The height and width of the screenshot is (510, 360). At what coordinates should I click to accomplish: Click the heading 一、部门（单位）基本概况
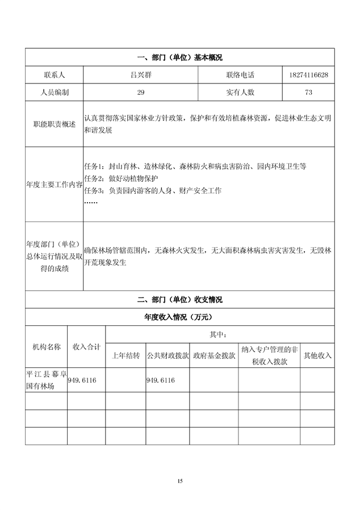point(179,58)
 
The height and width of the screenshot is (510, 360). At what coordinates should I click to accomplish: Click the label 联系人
point(54,75)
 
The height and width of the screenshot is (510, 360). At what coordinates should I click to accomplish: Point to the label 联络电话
point(240,75)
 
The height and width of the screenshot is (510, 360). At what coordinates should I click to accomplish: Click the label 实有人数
point(240,91)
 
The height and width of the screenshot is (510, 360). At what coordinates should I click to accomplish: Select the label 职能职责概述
point(54,124)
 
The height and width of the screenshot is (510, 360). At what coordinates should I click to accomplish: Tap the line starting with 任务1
point(195,166)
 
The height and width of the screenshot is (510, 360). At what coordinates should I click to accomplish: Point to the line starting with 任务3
point(152,190)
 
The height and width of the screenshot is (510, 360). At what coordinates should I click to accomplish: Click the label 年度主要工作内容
point(54,185)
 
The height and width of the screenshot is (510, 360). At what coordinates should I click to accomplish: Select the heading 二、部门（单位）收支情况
point(179,300)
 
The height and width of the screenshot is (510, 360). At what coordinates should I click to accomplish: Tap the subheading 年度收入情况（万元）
point(179,317)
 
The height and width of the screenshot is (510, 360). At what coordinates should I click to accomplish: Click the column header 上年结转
point(125,356)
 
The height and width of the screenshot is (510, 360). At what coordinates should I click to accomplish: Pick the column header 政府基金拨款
point(214,356)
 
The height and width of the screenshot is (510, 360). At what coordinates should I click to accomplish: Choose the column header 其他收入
point(317,356)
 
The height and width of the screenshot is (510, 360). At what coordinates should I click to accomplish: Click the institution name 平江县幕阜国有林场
point(46,380)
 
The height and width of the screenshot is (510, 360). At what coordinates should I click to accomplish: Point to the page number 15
point(180,481)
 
